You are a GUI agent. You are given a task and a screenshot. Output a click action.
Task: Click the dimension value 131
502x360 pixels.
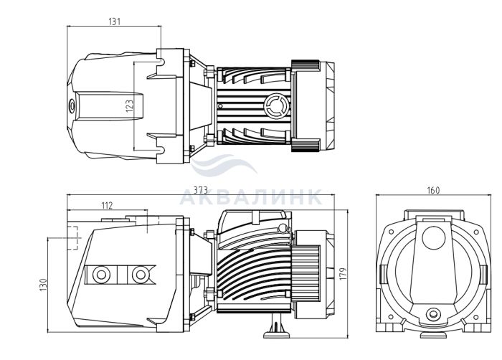click(x=114, y=22)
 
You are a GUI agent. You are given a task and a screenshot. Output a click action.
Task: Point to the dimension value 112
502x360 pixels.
click(x=107, y=206)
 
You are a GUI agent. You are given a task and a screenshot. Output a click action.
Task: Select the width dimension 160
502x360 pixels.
click(x=432, y=191)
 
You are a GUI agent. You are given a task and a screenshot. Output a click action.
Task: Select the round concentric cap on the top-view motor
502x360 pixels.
click(x=275, y=106)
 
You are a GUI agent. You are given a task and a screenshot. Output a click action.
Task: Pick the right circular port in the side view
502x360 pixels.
click(x=138, y=275)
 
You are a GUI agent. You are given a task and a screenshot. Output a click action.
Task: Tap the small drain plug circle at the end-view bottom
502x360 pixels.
click(x=432, y=316)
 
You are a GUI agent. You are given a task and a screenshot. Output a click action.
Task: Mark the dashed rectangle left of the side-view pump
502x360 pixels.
click(x=70, y=237)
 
